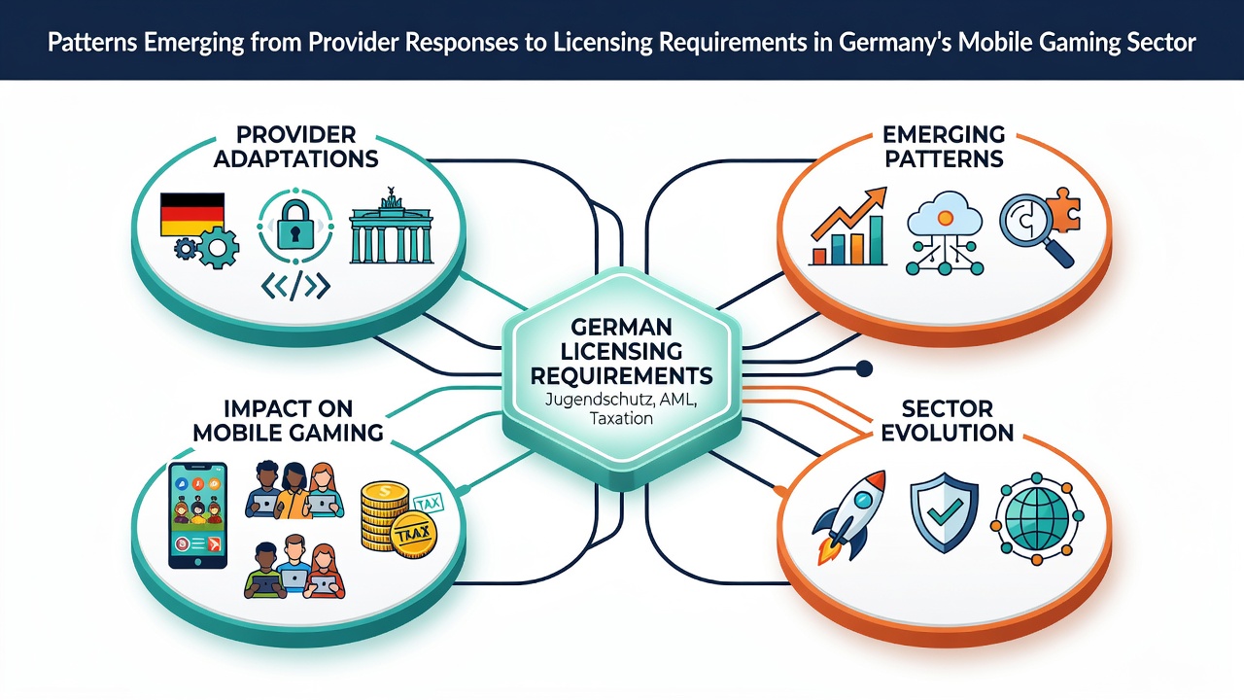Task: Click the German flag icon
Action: (x=192, y=215)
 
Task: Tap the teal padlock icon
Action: (x=294, y=225)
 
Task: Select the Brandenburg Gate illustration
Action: (x=391, y=227)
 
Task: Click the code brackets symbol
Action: (x=295, y=286)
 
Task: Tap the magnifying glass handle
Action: (x=1059, y=254)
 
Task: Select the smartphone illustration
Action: (x=197, y=515)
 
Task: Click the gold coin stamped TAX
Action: (x=414, y=535)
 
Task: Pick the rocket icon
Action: (x=849, y=516)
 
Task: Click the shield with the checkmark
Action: (x=944, y=512)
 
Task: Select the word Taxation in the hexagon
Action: (x=621, y=418)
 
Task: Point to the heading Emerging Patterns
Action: (x=944, y=147)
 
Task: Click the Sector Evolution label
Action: (x=947, y=421)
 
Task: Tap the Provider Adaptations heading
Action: (x=296, y=147)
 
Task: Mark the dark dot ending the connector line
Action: (x=864, y=368)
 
